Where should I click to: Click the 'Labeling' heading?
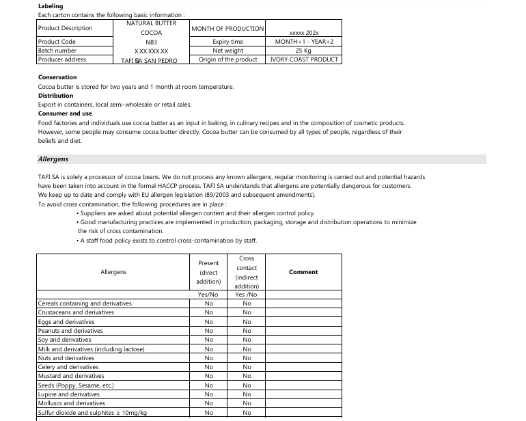click(51, 6)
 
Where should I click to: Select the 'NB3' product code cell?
click(151, 42)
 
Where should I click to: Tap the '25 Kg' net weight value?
click(303, 51)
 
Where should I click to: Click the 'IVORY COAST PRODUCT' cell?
click(303, 59)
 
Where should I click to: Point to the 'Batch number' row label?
click(57, 51)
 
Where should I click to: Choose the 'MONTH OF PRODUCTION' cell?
click(227, 29)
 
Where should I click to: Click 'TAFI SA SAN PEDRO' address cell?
click(149, 60)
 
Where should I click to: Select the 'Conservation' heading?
click(57, 77)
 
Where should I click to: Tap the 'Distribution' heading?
click(55, 96)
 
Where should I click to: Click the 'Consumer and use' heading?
click(65, 113)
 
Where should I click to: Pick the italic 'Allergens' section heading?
click(53, 159)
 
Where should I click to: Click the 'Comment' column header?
click(303, 272)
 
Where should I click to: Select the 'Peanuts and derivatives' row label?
click(70, 331)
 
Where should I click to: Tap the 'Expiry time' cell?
click(227, 42)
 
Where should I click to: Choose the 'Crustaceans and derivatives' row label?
click(76, 312)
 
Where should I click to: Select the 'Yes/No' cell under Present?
click(208, 295)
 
